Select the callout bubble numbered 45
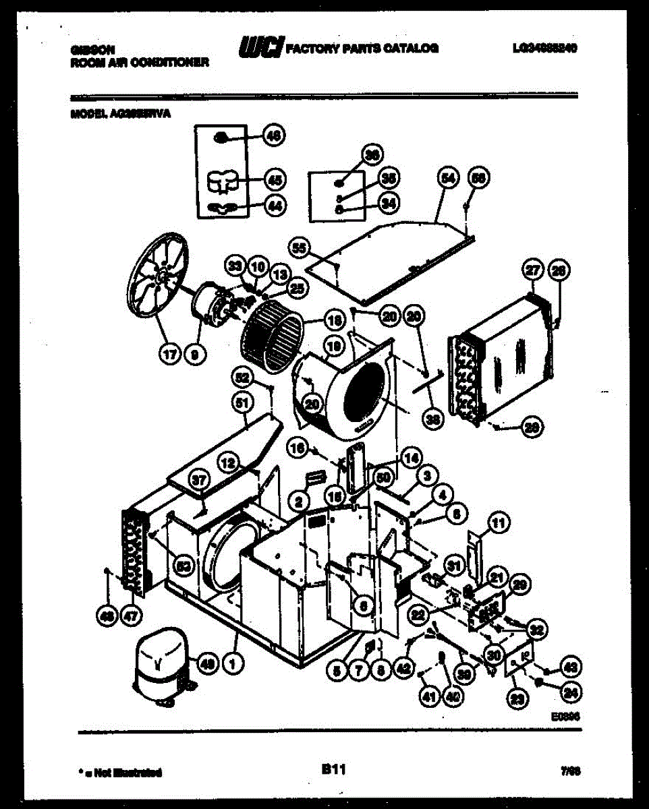click(x=273, y=180)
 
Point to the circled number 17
click(x=170, y=352)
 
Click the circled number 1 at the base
click(x=233, y=664)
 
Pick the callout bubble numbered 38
click(x=431, y=419)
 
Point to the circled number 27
click(x=533, y=271)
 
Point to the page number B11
click(x=333, y=768)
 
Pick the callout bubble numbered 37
click(x=198, y=481)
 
